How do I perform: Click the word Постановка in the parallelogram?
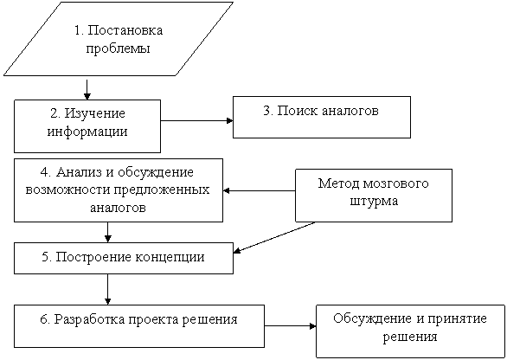(125, 30)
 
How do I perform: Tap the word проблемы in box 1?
(118, 48)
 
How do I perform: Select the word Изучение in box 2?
(95, 114)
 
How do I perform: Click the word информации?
(87, 132)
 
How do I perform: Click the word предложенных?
(161, 190)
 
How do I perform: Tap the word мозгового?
(396, 183)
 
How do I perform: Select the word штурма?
(374, 202)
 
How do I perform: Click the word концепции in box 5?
(170, 258)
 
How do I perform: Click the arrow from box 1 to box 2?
(87, 89)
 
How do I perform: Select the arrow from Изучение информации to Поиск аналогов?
(197, 121)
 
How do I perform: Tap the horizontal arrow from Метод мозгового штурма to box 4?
(259, 191)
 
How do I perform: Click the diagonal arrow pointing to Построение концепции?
(274, 237)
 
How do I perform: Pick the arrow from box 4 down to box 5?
(108, 232)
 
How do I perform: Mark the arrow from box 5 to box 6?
(108, 289)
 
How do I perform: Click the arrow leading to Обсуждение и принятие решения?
(291, 326)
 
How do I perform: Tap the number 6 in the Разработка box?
(43, 319)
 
